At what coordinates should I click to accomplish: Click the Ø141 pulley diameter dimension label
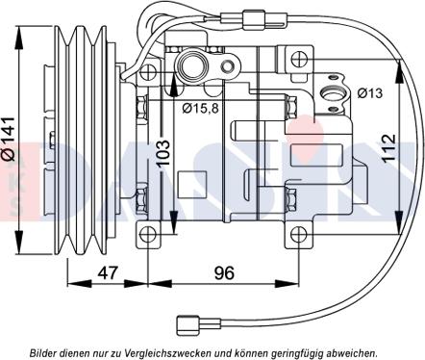tap(9, 139)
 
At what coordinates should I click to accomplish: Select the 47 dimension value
tap(108, 272)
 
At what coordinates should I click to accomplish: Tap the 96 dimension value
tap(224, 272)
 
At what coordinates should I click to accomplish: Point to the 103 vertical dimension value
tap(163, 152)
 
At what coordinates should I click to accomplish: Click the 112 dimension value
tap(389, 148)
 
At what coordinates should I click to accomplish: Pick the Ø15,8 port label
tap(200, 109)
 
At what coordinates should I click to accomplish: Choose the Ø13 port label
tap(370, 93)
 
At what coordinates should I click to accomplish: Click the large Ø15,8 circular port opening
tap(191, 64)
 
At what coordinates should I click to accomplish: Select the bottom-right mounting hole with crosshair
tap(299, 235)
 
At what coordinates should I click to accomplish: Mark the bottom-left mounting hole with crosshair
tap(148, 235)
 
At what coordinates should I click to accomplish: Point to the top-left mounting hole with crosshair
tap(148, 72)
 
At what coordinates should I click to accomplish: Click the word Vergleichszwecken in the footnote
tap(176, 353)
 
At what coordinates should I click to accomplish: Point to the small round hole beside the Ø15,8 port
tap(228, 66)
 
